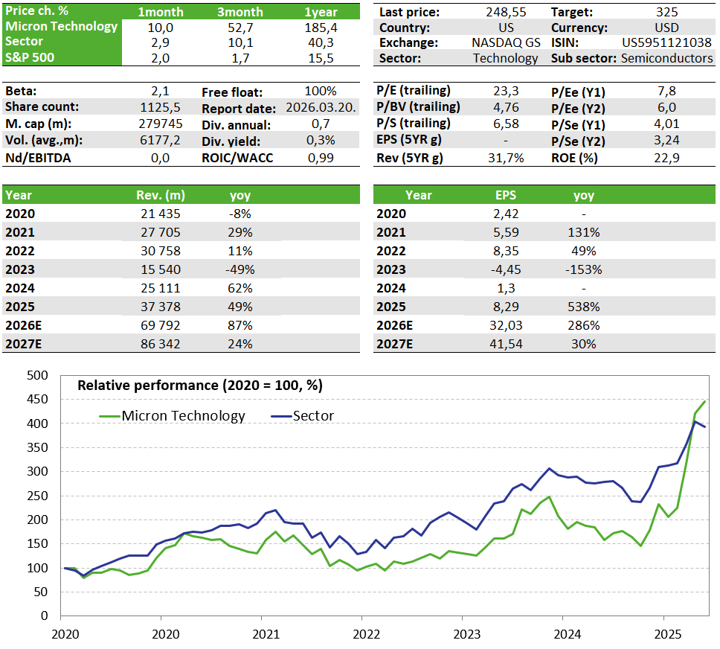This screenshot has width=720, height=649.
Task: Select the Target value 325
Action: pos(666,13)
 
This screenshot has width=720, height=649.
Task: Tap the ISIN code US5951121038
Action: pos(666,42)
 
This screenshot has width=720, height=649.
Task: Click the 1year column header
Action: pos(321,12)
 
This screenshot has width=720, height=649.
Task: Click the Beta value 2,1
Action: pos(161,91)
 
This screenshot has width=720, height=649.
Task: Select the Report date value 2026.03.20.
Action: pos(321,108)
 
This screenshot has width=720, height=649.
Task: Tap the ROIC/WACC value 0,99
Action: pos(321,157)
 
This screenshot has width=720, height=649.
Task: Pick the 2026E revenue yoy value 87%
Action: pos(240,325)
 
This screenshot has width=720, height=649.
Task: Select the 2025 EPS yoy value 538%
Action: pos(584,307)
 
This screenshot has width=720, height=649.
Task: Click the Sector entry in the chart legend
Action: pos(313,416)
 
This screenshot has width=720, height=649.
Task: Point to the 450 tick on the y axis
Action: pos(37,400)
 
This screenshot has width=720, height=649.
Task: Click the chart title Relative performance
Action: pos(200,386)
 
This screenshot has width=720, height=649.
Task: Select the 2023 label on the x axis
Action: pos(462,635)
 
